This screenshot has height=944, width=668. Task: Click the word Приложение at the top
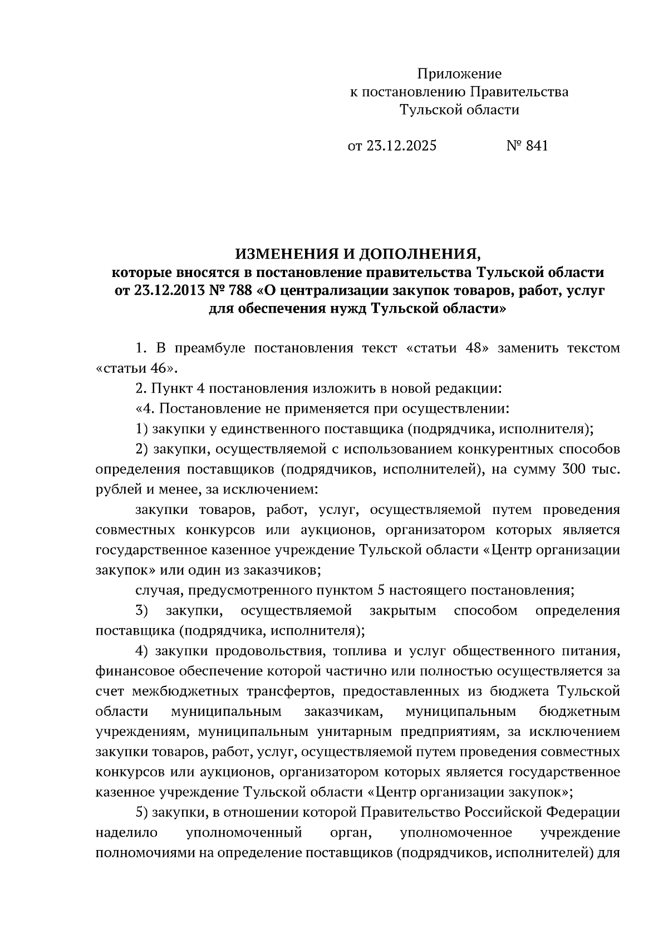(x=459, y=73)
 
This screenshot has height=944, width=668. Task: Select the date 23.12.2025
(x=401, y=146)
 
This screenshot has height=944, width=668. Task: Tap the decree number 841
(x=537, y=146)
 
